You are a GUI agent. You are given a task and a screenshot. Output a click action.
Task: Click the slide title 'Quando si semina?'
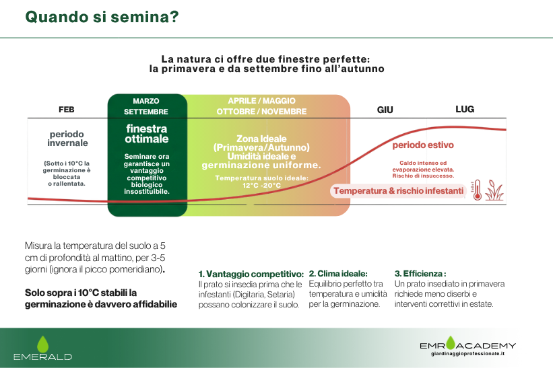[x=102, y=17]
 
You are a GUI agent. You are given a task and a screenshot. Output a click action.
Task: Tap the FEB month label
[x=66, y=110]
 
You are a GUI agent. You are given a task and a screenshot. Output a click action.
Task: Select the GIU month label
[x=385, y=110]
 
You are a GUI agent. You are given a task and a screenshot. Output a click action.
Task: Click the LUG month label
[x=465, y=109]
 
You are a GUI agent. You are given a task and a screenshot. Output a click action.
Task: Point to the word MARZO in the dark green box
[x=146, y=101]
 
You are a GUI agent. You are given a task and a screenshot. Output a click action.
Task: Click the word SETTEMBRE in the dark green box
[x=146, y=112]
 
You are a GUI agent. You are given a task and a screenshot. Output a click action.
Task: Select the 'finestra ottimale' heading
[x=147, y=134]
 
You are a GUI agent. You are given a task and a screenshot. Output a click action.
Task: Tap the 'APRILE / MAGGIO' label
[x=261, y=101]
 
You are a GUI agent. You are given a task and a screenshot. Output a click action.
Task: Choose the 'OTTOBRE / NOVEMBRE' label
[x=261, y=111]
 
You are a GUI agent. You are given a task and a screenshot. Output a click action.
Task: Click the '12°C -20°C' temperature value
[x=261, y=185]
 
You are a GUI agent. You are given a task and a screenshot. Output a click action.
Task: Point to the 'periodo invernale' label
[x=67, y=139]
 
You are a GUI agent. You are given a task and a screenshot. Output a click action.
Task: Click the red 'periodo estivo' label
[x=423, y=145]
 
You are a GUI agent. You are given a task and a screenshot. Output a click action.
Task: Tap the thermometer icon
[x=477, y=190]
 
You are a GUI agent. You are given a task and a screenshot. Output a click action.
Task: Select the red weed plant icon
[x=494, y=190]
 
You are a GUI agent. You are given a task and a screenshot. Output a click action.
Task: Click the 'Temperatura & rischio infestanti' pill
[x=398, y=191]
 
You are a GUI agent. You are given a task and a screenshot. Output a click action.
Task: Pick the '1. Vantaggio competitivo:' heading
[x=251, y=274]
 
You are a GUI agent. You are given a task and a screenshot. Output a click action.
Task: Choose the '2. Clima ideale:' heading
[x=338, y=274]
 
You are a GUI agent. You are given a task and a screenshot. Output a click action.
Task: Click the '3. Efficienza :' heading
[x=420, y=274]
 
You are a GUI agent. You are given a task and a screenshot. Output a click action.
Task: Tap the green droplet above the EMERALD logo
[x=42, y=344]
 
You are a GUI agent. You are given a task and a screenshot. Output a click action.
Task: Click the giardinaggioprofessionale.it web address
[x=467, y=354]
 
